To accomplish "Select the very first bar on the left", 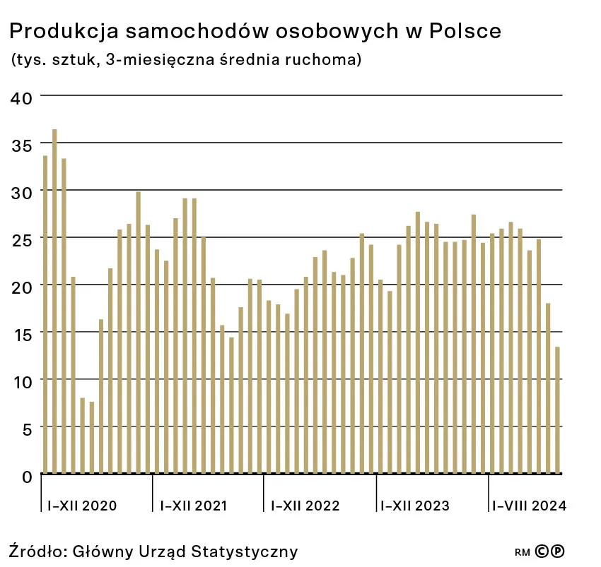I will (x=45, y=314).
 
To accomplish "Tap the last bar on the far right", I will (x=557, y=410).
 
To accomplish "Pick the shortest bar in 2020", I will (x=92, y=437).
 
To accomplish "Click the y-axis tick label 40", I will (x=22, y=97).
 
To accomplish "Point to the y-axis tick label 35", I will (x=22, y=145).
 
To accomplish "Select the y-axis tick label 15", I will (x=22, y=333).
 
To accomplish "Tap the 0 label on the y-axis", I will (x=26, y=476).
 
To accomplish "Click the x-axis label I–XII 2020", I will (x=82, y=506).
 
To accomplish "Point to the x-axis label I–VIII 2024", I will (x=529, y=506).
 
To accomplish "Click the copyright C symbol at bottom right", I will (x=542, y=551).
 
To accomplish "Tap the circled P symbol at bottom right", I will (x=558, y=551).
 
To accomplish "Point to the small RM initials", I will (x=523, y=552).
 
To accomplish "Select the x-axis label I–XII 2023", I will (x=415, y=506).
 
